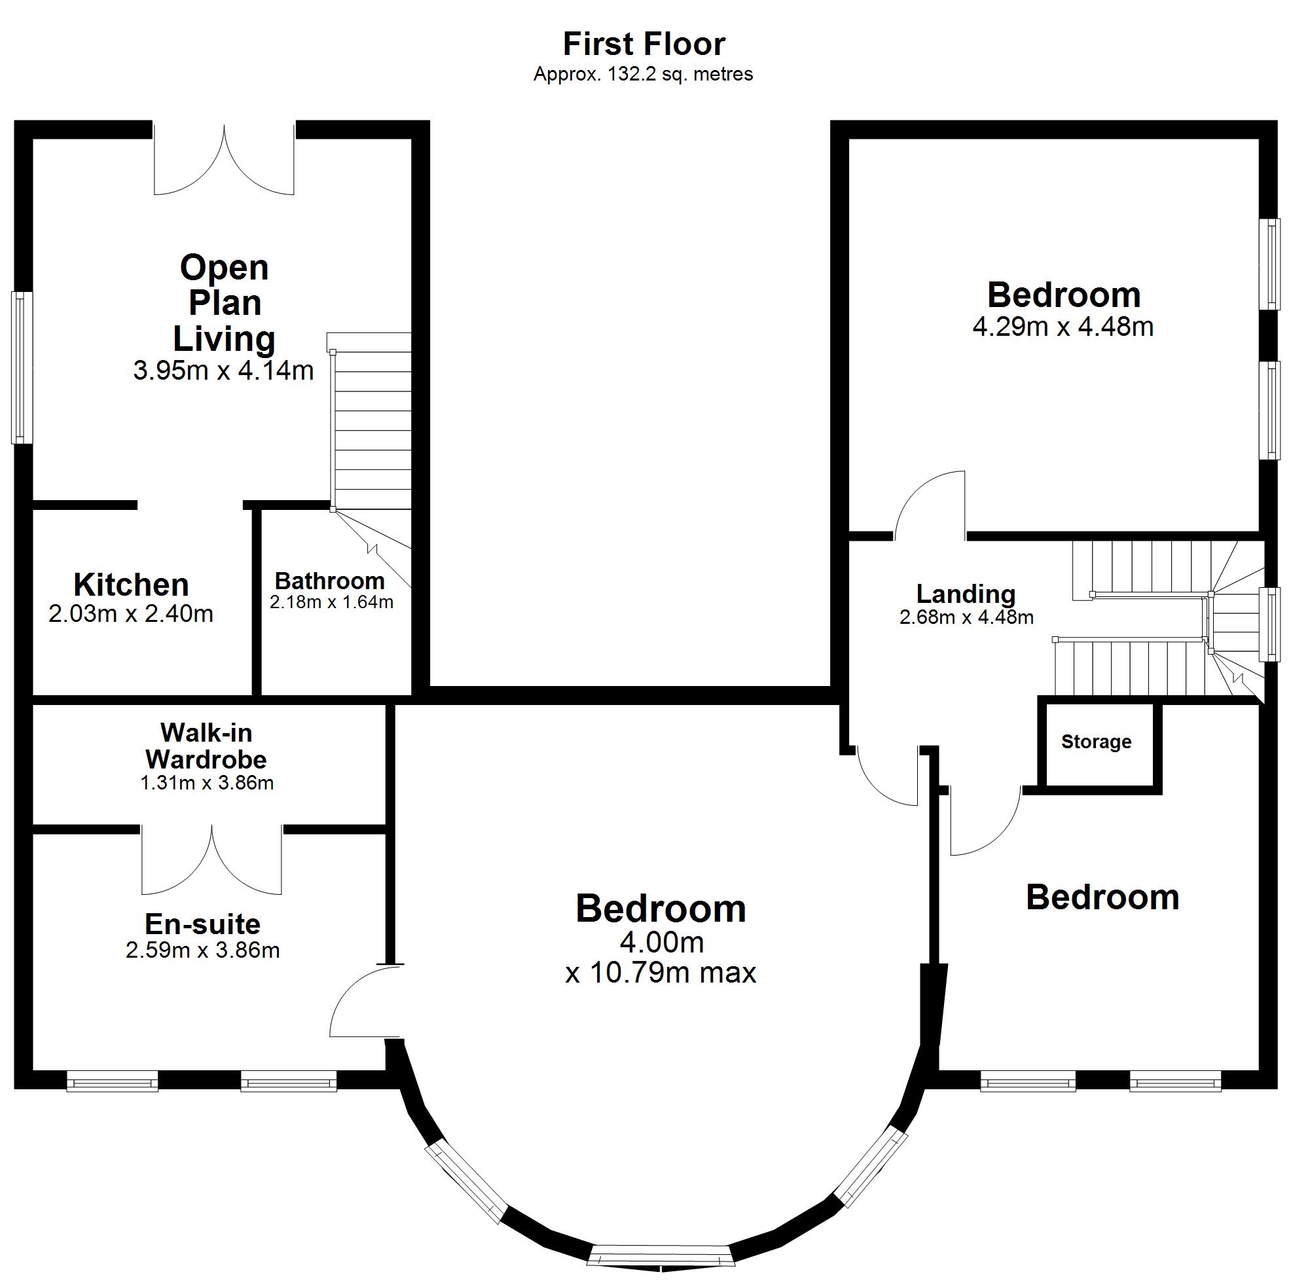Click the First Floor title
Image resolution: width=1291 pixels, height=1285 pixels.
(644, 44)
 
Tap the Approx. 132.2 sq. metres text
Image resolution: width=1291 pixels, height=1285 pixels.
(643, 74)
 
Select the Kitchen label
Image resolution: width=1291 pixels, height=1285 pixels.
(131, 585)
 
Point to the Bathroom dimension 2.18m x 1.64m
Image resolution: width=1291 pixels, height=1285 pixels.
(331, 602)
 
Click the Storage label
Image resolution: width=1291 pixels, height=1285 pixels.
(1096, 742)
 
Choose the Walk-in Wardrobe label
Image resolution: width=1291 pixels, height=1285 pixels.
(206, 746)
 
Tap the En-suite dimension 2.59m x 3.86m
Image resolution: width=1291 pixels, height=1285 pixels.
(202, 950)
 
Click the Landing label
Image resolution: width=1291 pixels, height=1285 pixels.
(966, 594)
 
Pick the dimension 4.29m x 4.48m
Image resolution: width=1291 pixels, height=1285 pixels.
(1063, 327)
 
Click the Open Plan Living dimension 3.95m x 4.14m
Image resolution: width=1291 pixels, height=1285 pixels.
(223, 371)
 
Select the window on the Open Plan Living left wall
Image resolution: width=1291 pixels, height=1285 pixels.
(22, 367)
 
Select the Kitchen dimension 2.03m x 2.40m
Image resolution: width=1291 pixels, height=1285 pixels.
(131, 613)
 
